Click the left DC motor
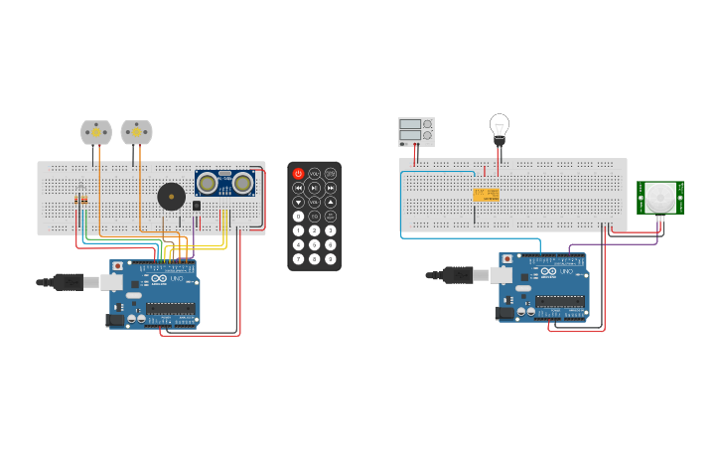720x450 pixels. pos(96,132)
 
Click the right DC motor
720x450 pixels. pos(136,132)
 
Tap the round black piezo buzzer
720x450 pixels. pos(171,197)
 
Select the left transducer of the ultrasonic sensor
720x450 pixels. pos(208,183)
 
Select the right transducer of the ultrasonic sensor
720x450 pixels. pos(241,183)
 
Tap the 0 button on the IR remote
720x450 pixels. pos(298,216)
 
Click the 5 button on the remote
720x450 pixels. pos(314,244)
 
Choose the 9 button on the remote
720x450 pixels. pos(330,258)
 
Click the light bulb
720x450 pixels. pos(499,126)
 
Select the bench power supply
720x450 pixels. pos(416,131)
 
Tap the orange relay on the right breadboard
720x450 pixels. pos(486,195)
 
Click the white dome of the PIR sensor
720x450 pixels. pos(660,197)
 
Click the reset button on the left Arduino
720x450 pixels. pos(118,266)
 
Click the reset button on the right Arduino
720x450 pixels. pos(507,258)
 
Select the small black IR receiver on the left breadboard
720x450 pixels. pos(197,207)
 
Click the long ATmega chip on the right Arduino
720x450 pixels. pos(560,301)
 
